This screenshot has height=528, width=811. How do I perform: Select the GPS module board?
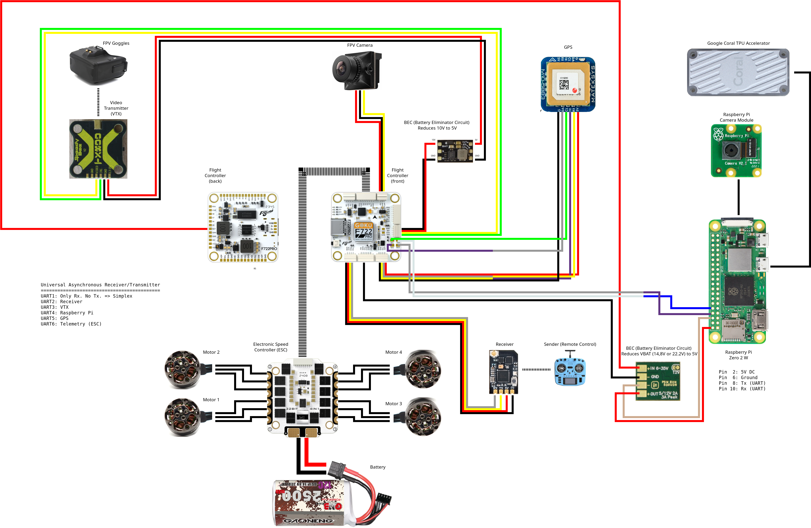point(568,84)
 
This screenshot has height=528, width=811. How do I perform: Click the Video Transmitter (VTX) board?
point(98,149)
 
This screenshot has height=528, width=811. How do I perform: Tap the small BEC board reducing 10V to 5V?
point(455,151)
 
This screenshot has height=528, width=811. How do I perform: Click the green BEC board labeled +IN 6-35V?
point(658,381)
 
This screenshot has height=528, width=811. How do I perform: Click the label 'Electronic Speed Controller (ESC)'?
point(271,347)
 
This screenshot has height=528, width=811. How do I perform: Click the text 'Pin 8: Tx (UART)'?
point(742,383)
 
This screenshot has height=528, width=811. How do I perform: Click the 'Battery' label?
point(378,467)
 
